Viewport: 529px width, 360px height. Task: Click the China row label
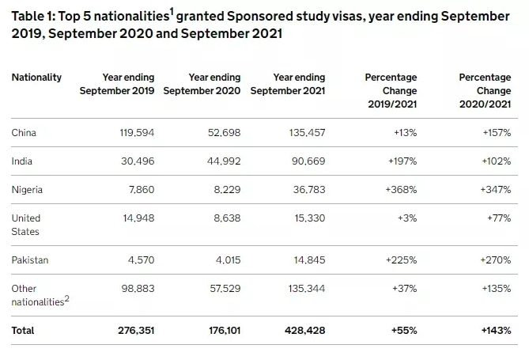point(24,132)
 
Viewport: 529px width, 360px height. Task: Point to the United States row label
point(26,225)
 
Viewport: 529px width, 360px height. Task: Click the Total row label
point(24,330)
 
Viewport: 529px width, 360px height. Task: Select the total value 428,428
point(304,330)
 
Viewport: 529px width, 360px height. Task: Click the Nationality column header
point(36,78)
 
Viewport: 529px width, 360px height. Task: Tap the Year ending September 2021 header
point(288,84)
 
